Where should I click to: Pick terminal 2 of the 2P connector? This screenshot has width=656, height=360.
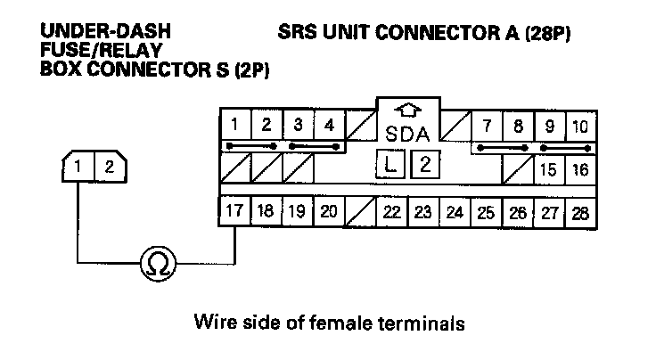click(109, 166)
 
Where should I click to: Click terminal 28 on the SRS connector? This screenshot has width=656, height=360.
click(581, 212)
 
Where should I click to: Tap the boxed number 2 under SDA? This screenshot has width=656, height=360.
click(425, 164)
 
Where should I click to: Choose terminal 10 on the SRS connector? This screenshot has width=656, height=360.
click(580, 126)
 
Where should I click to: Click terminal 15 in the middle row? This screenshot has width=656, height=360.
click(549, 168)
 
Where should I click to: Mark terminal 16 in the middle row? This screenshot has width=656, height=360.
click(580, 168)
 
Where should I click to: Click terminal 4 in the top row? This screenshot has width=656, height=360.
click(329, 125)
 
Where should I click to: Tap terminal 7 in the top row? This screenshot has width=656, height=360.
click(488, 126)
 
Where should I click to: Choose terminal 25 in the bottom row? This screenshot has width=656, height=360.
click(487, 212)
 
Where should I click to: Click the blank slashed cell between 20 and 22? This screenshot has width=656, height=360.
click(360, 212)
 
